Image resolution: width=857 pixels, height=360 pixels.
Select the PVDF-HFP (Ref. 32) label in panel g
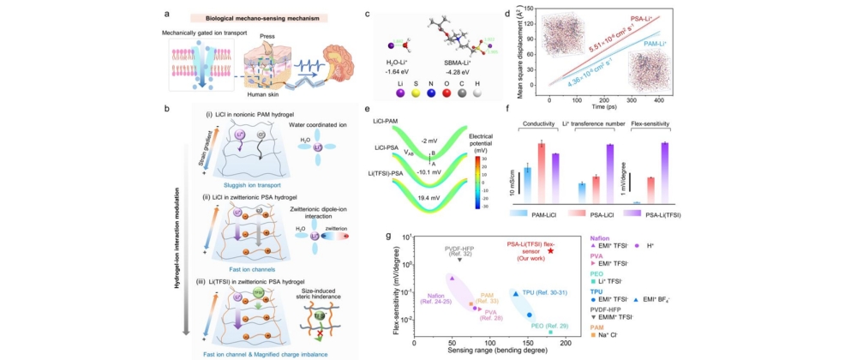point(459,251)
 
